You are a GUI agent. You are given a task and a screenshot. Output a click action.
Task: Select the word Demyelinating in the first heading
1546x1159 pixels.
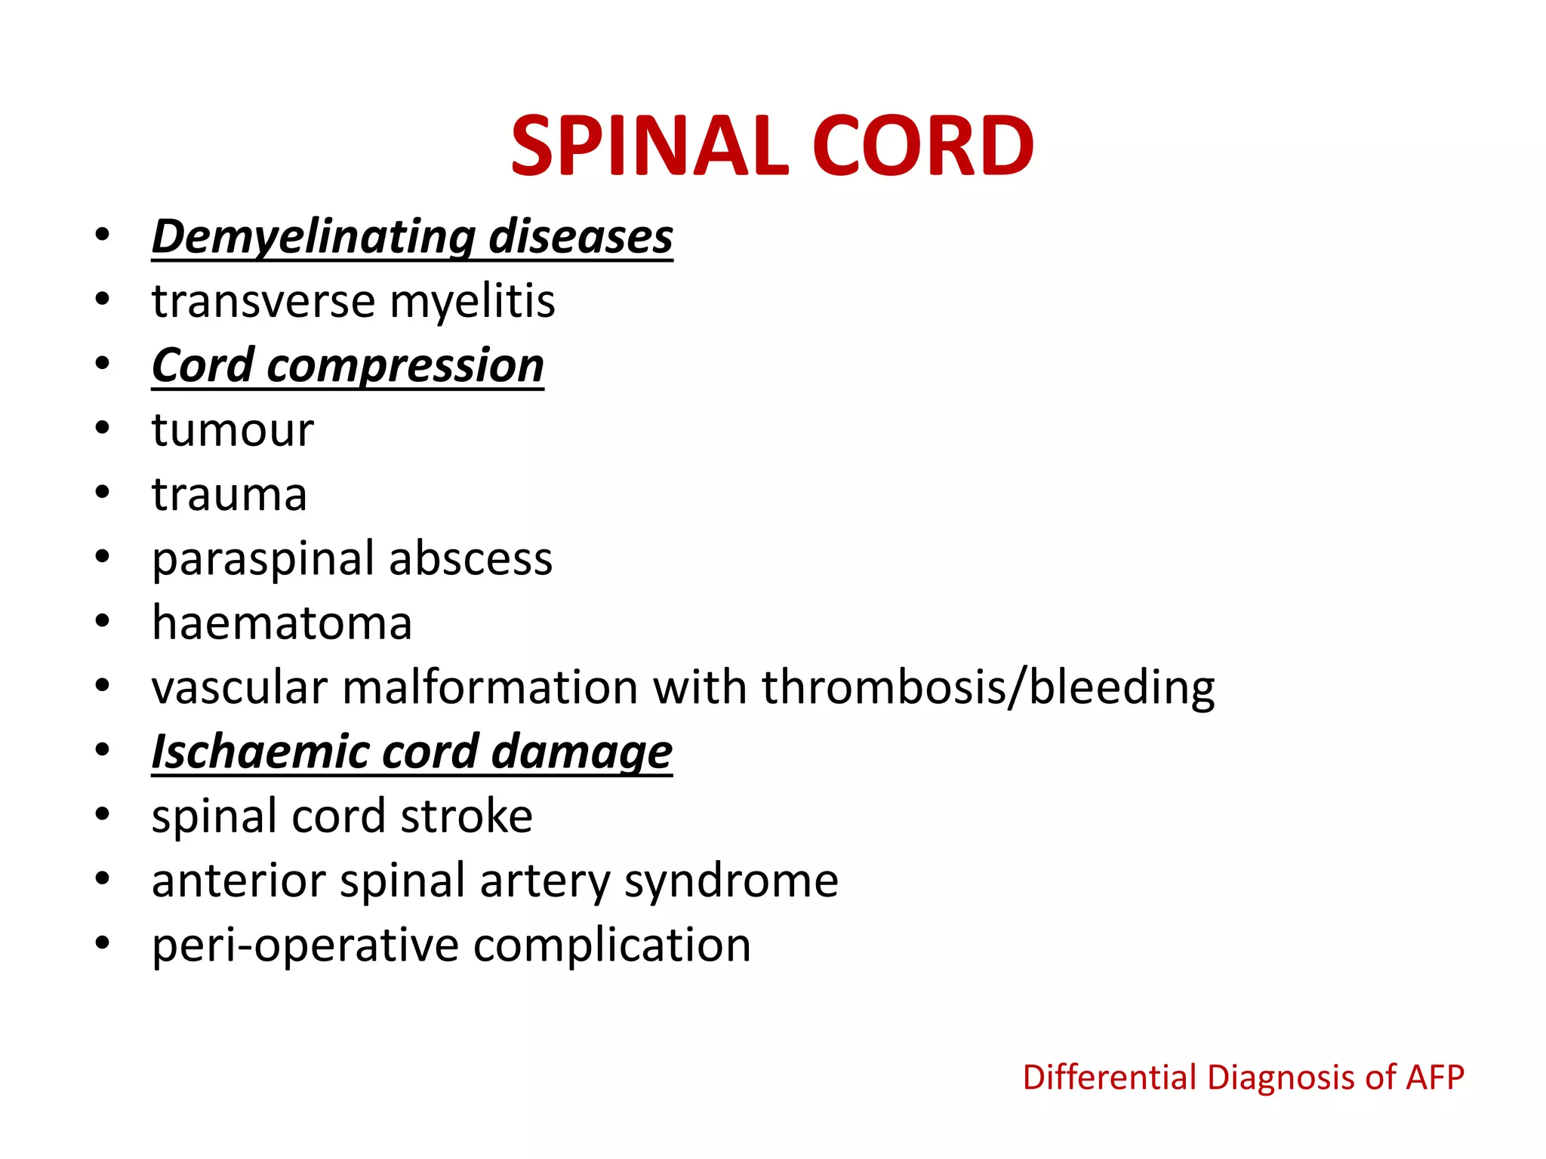(x=313, y=237)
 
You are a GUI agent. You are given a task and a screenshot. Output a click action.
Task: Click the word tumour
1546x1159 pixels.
(x=233, y=430)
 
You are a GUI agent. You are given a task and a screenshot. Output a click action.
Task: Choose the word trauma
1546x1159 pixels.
(x=229, y=494)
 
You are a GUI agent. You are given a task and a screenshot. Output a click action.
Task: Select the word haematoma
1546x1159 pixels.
(x=282, y=623)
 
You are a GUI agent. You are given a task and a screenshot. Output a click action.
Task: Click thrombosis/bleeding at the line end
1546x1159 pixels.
(x=988, y=687)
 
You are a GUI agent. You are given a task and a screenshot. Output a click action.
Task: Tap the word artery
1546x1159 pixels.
(x=546, y=881)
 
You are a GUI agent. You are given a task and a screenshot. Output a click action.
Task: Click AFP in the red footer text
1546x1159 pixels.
(x=1434, y=1077)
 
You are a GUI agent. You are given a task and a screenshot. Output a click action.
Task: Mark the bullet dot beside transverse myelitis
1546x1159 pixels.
(x=103, y=300)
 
